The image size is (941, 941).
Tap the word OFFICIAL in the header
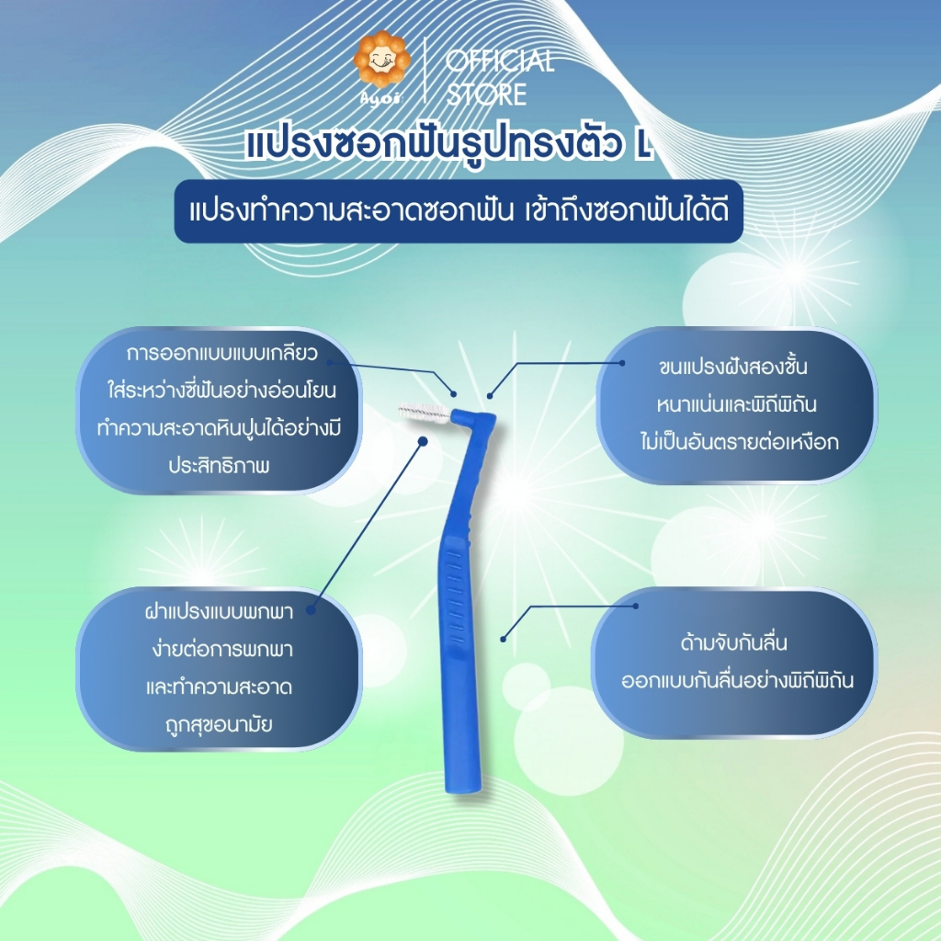[500, 61]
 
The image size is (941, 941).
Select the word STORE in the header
[486, 95]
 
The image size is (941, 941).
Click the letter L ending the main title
[642, 146]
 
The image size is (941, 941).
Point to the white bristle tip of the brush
[422, 413]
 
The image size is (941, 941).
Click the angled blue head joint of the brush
[473, 420]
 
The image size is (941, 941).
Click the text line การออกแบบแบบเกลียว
[221, 353]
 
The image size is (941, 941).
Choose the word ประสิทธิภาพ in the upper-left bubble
[219, 466]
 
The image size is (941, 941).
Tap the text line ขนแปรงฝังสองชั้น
[732, 367]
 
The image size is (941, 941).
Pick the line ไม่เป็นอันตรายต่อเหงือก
[740, 442]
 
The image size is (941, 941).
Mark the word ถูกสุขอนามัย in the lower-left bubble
[219, 724]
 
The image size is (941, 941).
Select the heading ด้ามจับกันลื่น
[733, 642]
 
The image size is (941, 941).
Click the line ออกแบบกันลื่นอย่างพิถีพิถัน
[738, 681]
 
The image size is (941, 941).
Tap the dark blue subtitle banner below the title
[459, 211]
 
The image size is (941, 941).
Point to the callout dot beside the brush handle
[504, 640]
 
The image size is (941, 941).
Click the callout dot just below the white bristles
[423, 441]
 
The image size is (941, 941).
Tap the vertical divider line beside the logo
[425, 70]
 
